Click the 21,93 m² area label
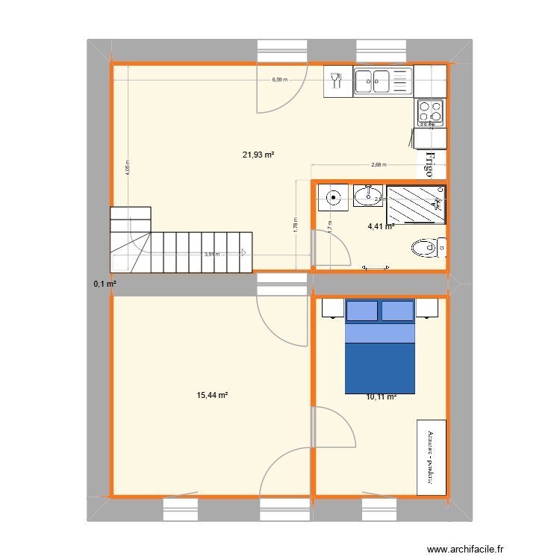(258, 155)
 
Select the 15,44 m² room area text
(211, 395)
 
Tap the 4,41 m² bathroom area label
(380, 226)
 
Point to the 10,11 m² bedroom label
(381, 397)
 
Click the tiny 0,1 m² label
(105, 284)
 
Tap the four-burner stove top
(430, 112)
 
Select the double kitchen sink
(383, 81)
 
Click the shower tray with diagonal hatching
(415, 204)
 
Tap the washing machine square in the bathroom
(333, 198)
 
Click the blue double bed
(379, 351)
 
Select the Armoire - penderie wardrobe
(431, 456)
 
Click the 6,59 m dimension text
(280, 78)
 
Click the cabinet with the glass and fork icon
(337, 81)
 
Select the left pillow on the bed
(361, 310)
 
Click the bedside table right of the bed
(427, 308)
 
